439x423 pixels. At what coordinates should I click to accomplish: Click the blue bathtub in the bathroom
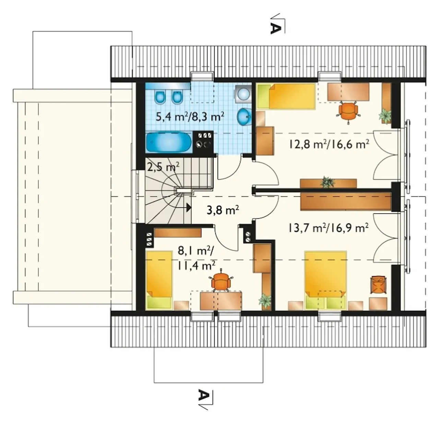pos(169,142)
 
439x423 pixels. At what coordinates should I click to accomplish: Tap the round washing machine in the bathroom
pos(244,93)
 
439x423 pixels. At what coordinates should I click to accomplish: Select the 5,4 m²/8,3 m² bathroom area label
pos(190,117)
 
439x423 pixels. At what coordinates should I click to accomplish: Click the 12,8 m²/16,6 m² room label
pos(329,144)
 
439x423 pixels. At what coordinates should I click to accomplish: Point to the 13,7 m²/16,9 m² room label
pos(329,228)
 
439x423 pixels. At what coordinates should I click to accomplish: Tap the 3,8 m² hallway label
pos(223,210)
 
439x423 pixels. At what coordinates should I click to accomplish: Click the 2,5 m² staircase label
pos(163,167)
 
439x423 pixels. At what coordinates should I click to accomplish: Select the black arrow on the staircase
pos(189,207)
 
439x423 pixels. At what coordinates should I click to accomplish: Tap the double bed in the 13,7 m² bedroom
pos(325,280)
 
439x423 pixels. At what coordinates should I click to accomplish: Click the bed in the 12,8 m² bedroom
pos(286,96)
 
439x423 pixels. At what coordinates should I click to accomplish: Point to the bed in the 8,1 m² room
pos(159,280)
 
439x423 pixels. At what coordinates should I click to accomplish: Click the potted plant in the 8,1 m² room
pos(265,301)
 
